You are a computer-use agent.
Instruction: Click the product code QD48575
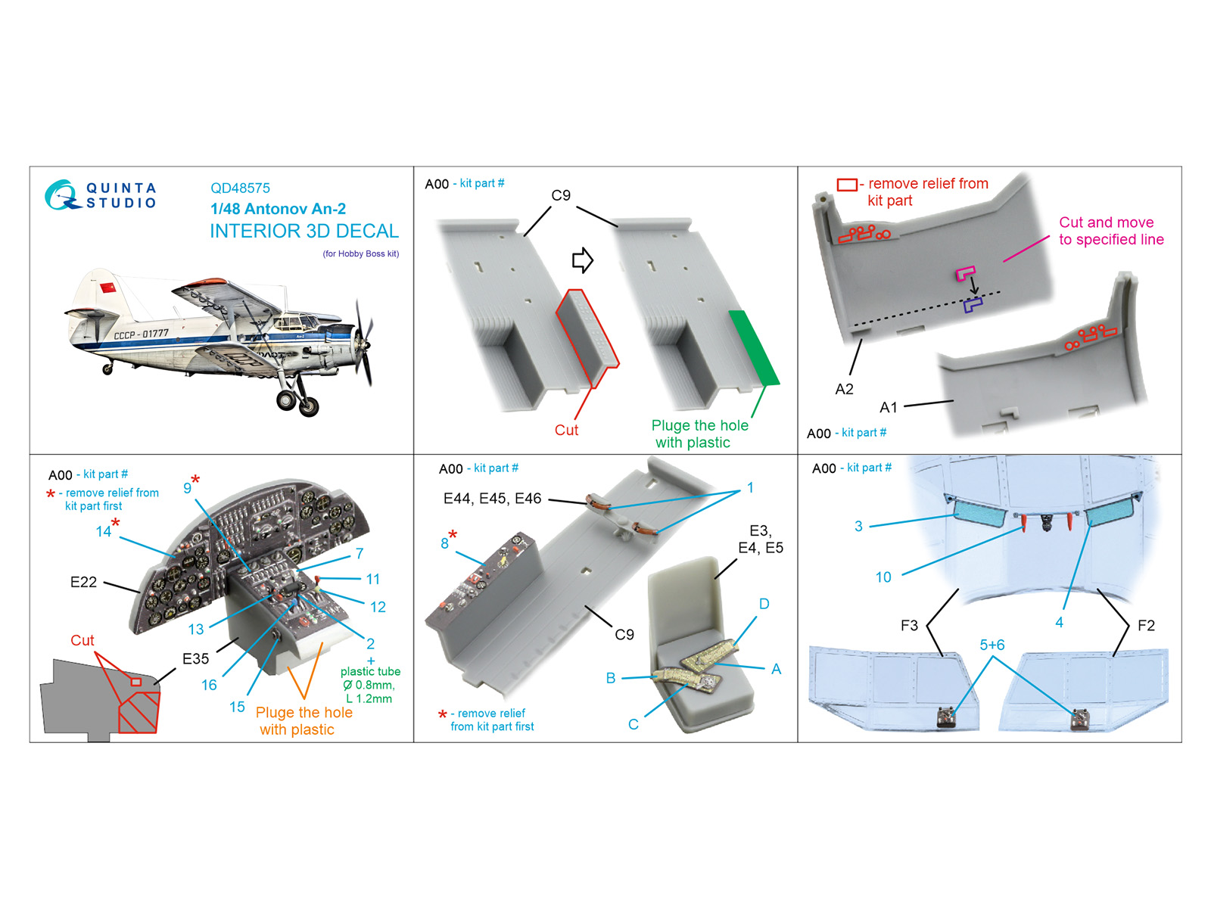(240, 188)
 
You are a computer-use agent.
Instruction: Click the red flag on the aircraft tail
(108, 288)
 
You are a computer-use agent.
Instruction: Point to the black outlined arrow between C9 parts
(582, 260)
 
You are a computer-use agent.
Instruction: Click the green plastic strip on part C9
(753, 348)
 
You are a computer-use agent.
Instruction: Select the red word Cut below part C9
(566, 430)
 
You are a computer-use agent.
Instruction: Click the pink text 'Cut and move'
(1106, 222)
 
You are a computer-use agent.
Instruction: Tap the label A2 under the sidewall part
(844, 389)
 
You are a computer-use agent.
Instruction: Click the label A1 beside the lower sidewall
(888, 408)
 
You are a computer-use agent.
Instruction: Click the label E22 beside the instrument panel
(83, 582)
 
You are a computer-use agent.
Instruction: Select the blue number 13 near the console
(196, 629)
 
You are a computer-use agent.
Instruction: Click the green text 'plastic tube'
(370, 671)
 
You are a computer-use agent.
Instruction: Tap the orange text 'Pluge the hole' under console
(304, 713)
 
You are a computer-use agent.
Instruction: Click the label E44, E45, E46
(492, 499)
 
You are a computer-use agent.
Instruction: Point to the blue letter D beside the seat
(764, 604)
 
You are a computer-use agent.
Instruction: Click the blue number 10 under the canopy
(883, 577)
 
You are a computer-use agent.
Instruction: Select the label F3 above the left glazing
(909, 626)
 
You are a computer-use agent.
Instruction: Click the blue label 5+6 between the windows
(992, 645)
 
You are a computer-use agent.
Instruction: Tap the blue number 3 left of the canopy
(858, 526)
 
